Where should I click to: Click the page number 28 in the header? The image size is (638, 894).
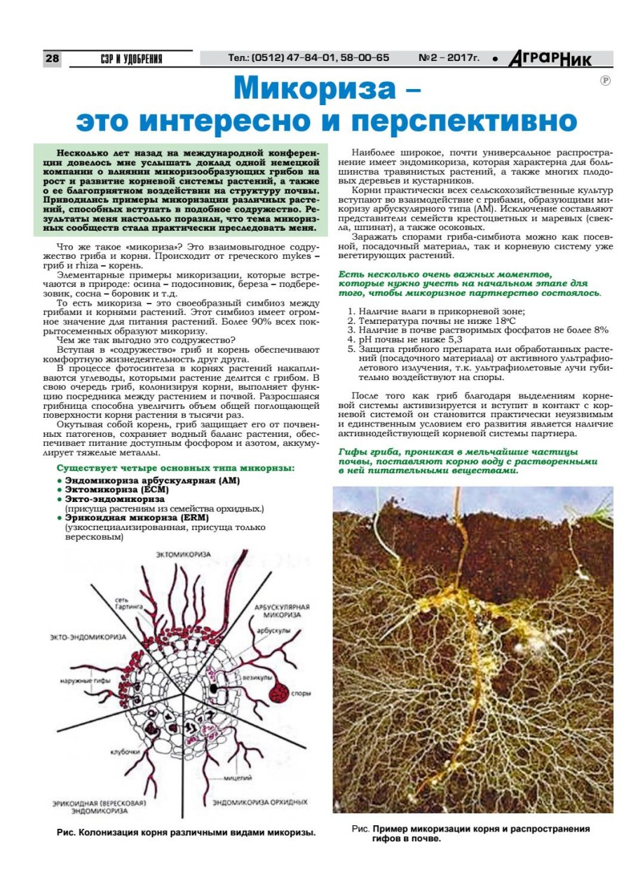53,59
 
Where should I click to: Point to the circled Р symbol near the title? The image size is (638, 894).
605,81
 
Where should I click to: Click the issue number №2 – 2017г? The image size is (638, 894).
448,58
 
